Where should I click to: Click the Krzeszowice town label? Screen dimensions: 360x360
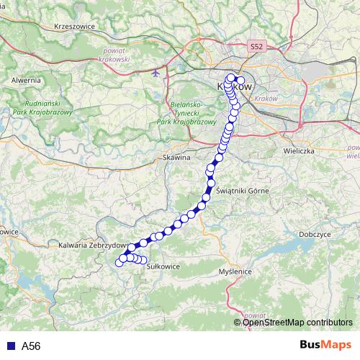75,26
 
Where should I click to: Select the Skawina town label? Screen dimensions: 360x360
176,156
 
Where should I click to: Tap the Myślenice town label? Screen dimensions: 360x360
236,271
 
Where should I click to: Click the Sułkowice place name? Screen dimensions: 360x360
162,266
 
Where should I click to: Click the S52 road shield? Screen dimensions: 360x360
258,46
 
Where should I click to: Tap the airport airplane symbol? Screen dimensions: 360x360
159,73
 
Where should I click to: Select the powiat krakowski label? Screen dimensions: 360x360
111,55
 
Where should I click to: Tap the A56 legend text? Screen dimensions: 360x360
30,346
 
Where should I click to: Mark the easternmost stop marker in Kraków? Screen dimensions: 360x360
240,81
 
